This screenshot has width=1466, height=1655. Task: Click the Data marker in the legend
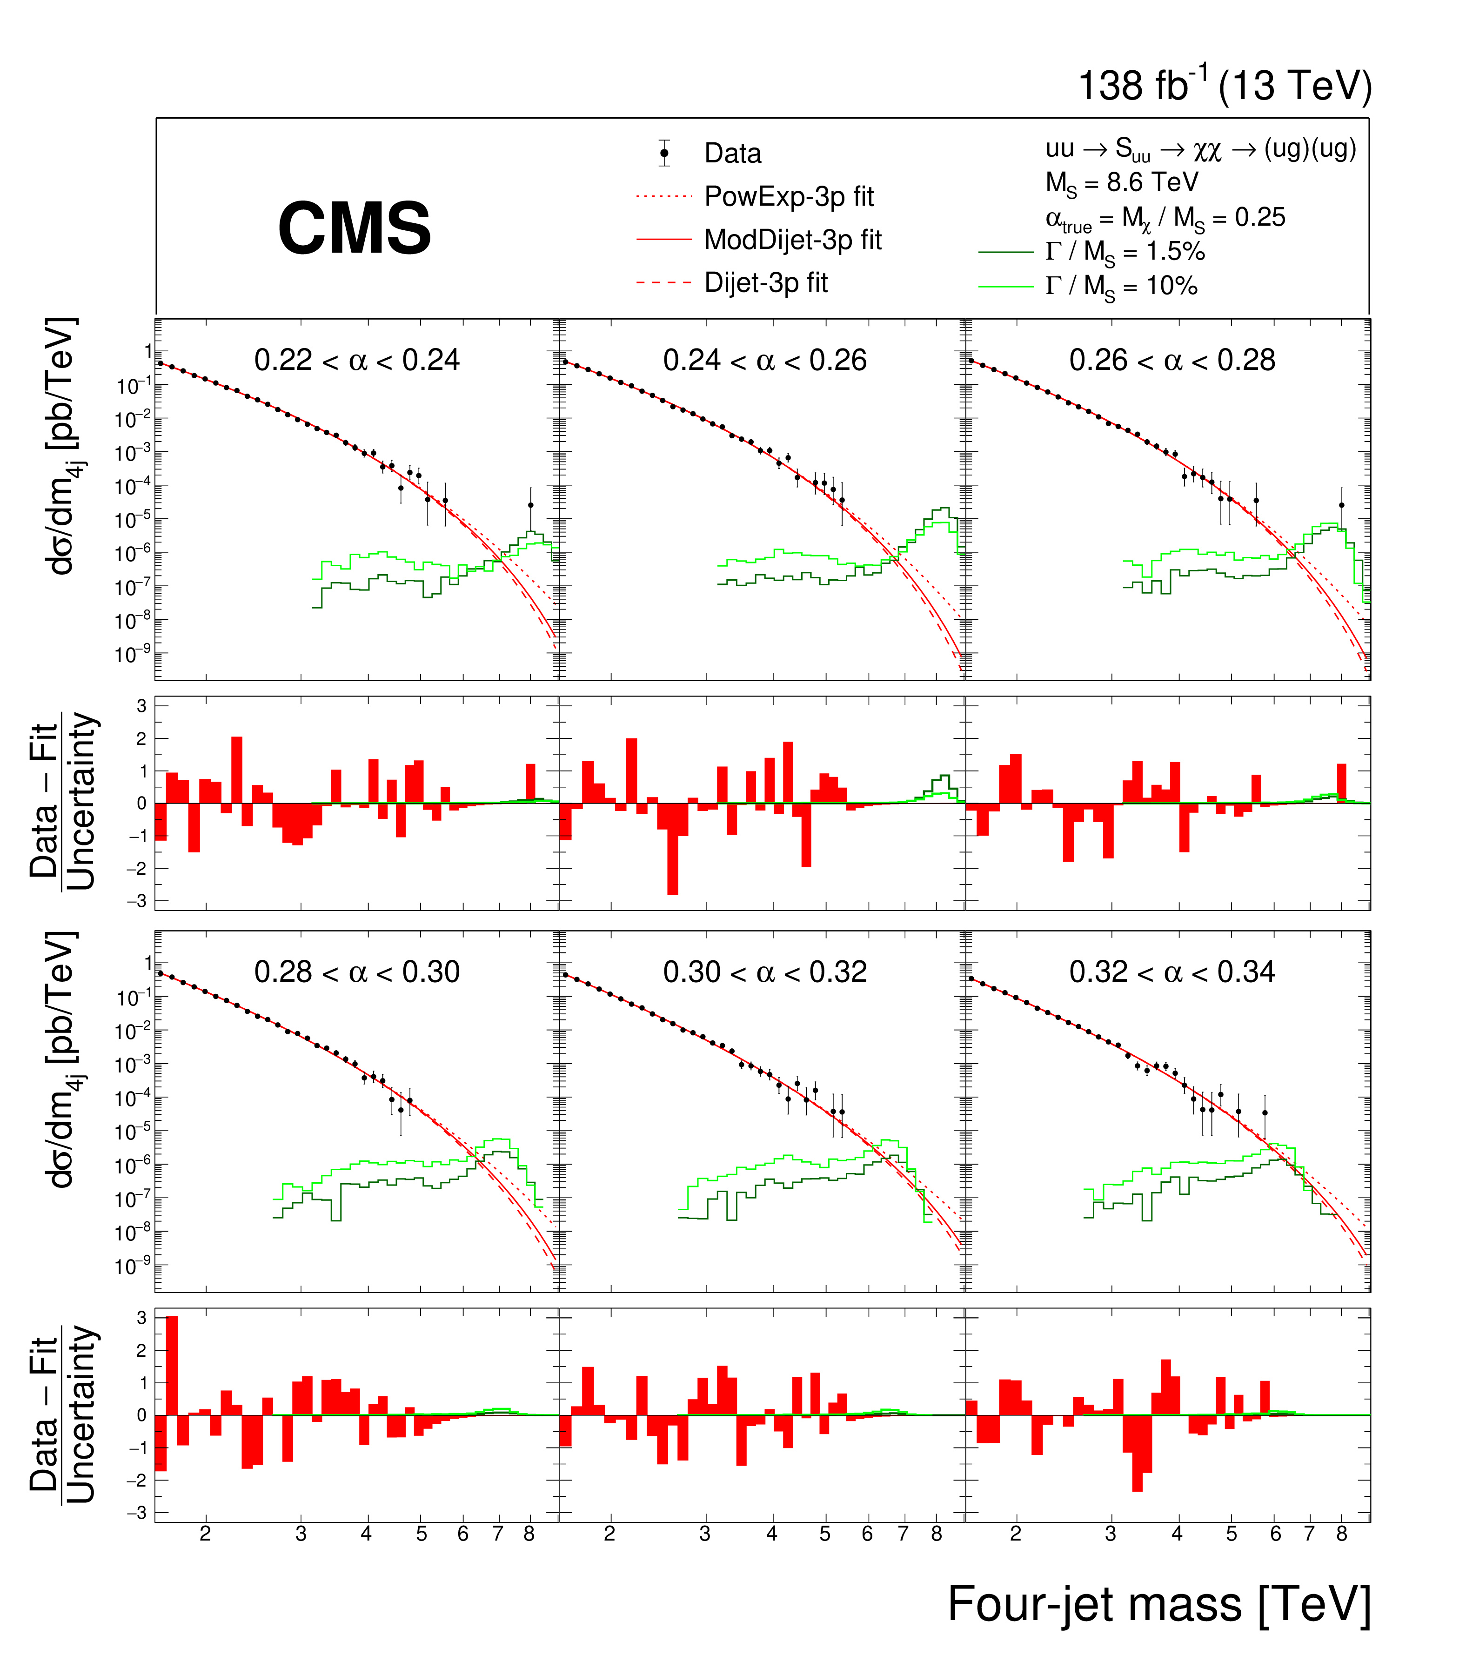point(664,153)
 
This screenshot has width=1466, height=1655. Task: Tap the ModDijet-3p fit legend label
point(792,240)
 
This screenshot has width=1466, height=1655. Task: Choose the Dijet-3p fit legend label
point(766,282)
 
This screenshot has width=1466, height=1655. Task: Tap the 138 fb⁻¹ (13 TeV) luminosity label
point(1224,86)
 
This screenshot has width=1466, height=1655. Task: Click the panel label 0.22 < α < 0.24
point(357,360)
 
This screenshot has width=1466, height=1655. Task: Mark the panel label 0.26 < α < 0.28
point(1171,360)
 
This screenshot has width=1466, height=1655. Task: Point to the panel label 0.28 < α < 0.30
point(357,972)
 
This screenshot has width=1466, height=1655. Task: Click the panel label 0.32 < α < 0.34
point(1171,972)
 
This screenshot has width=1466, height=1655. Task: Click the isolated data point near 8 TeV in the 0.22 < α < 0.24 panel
point(530,505)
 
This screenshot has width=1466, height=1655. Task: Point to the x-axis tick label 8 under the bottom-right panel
point(1341,1534)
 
